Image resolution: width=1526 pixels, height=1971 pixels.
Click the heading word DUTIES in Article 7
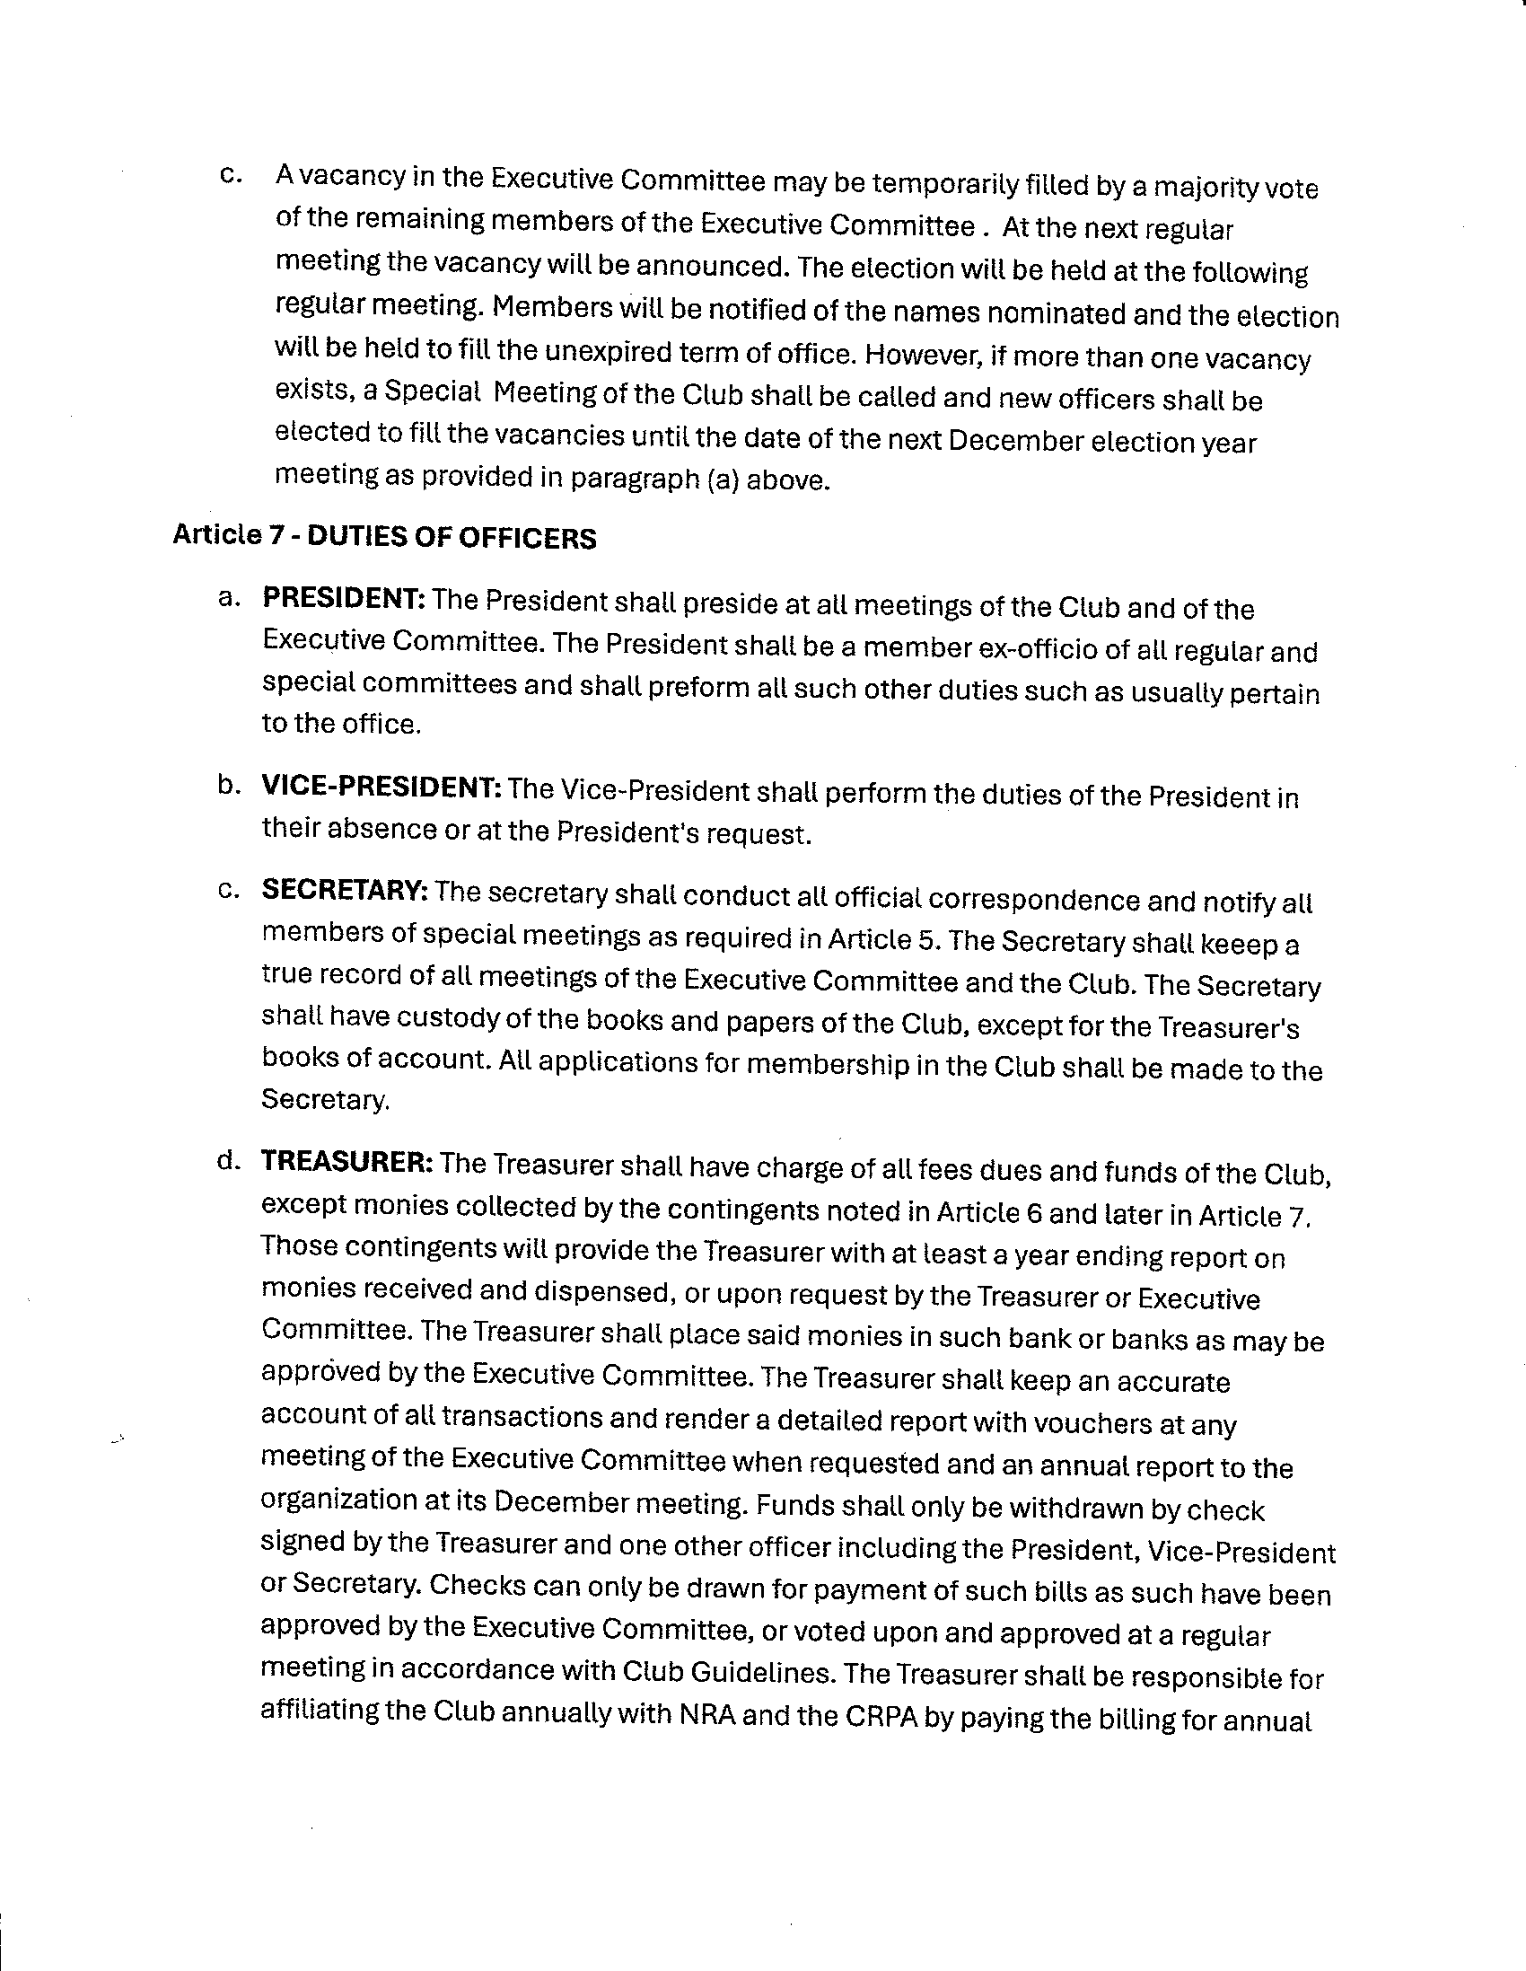pos(354,538)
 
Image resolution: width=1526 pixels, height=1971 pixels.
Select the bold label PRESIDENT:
pos(344,598)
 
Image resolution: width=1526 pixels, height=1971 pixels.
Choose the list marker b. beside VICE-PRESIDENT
pos(228,785)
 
